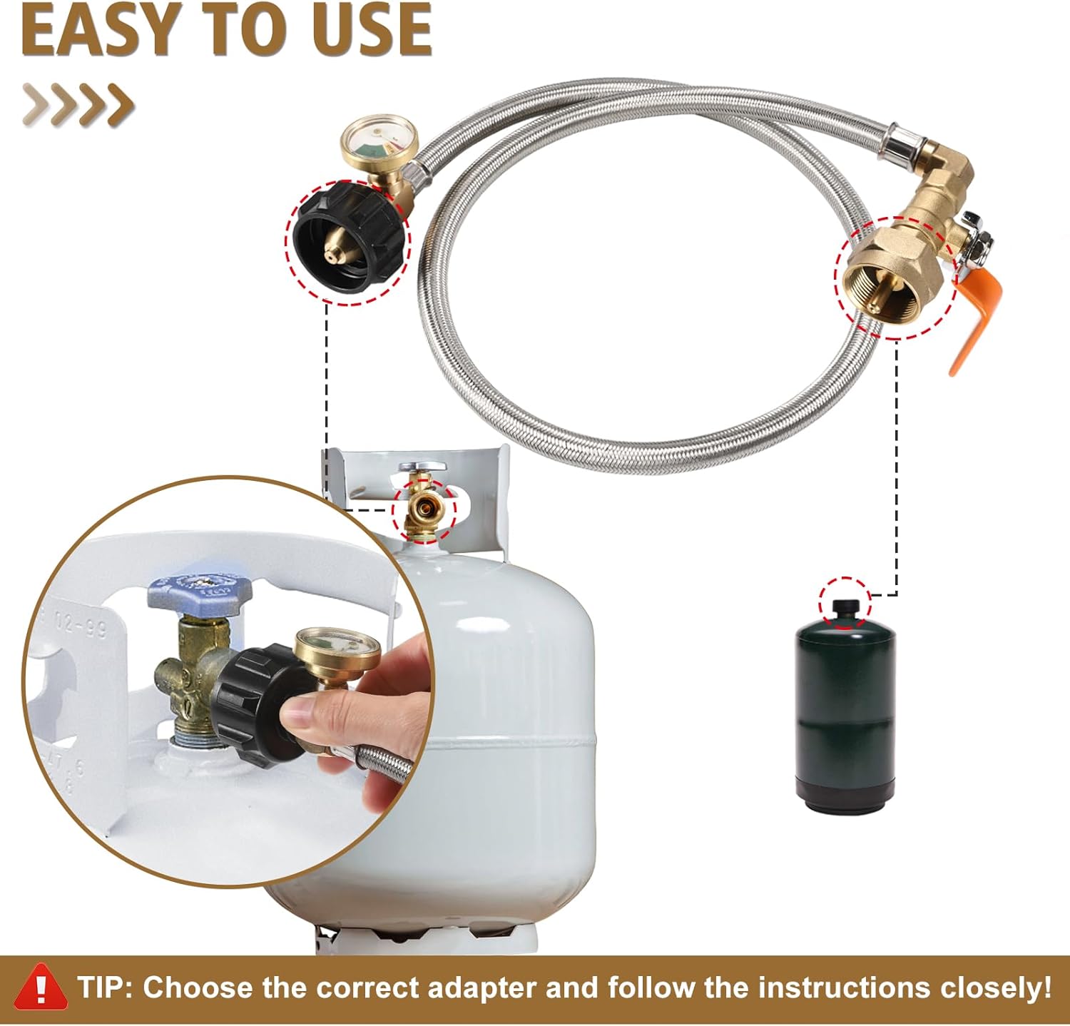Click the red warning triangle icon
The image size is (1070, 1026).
coord(41,987)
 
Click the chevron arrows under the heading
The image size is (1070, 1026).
coord(78,104)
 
